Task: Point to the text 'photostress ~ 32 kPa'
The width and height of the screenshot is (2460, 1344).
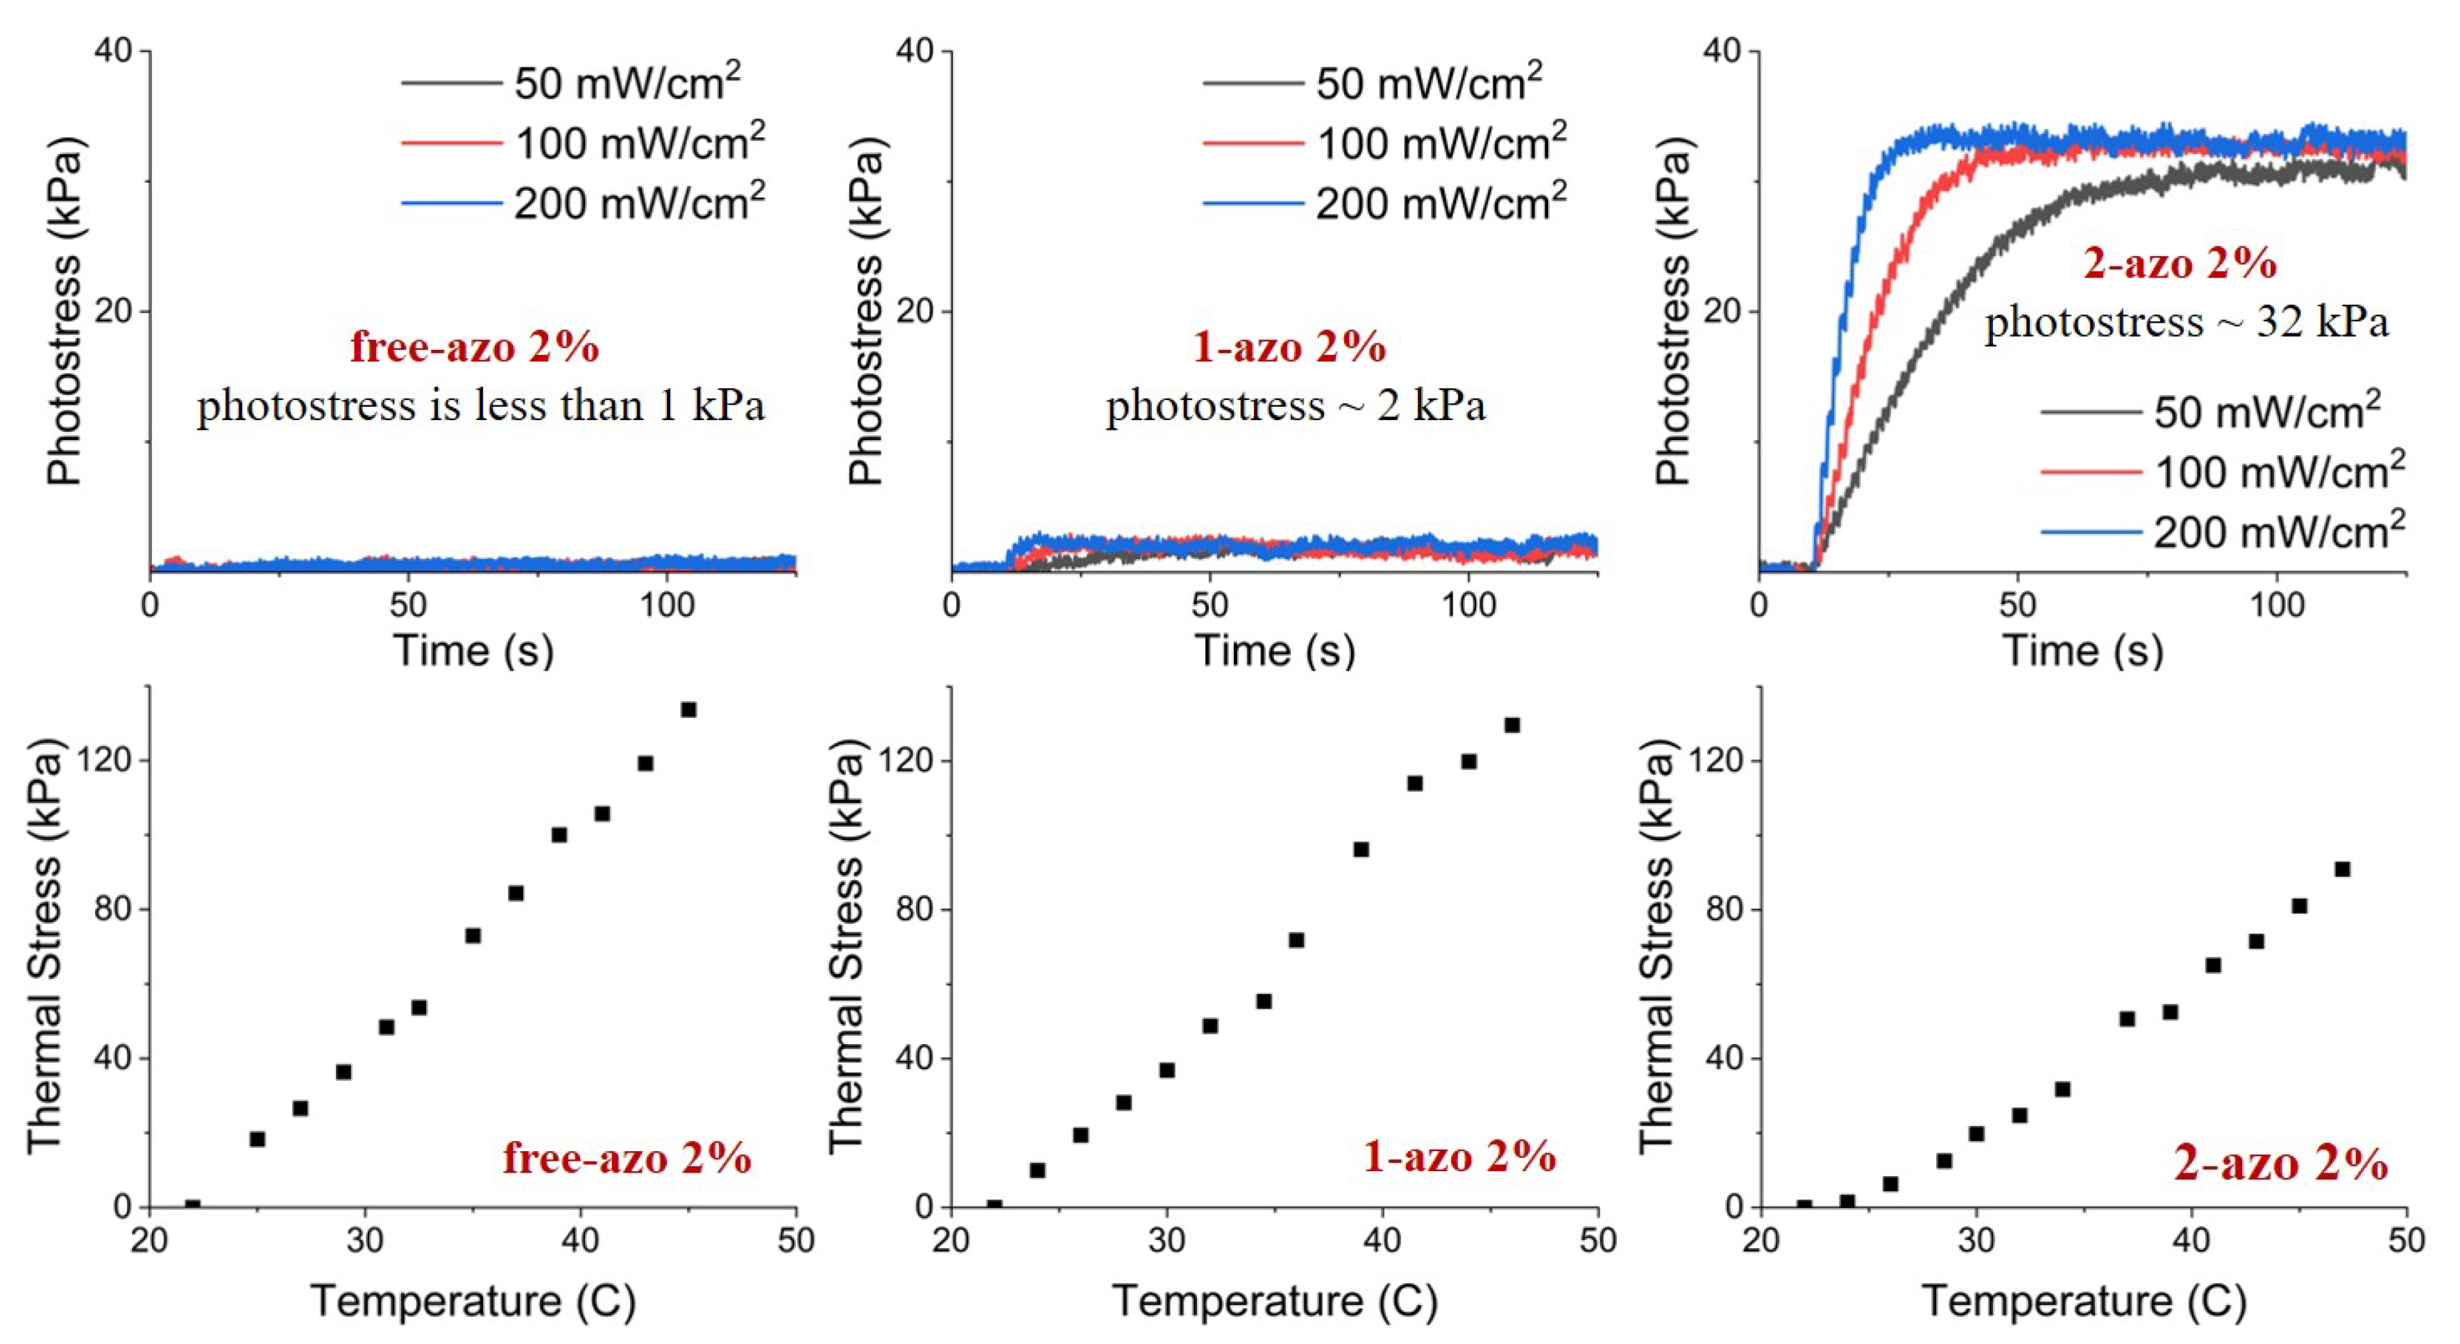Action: pos(2186,323)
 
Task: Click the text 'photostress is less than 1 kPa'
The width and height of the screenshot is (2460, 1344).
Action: pos(480,406)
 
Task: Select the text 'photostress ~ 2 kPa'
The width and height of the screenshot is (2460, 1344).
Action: pos(1296,406)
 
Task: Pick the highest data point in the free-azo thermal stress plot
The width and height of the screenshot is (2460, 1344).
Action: pos(688,709)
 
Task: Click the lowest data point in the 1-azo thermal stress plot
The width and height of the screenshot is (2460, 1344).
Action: pos(994,1207)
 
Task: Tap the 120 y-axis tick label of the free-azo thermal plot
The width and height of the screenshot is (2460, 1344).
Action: pos(112,762)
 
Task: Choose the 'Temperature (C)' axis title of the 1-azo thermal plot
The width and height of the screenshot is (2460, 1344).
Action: pos(1274,1301)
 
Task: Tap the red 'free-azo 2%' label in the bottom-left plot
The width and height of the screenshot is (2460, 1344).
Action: pos(627,1158)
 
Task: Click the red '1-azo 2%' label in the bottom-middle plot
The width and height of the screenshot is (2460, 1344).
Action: pos(1459,1157)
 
